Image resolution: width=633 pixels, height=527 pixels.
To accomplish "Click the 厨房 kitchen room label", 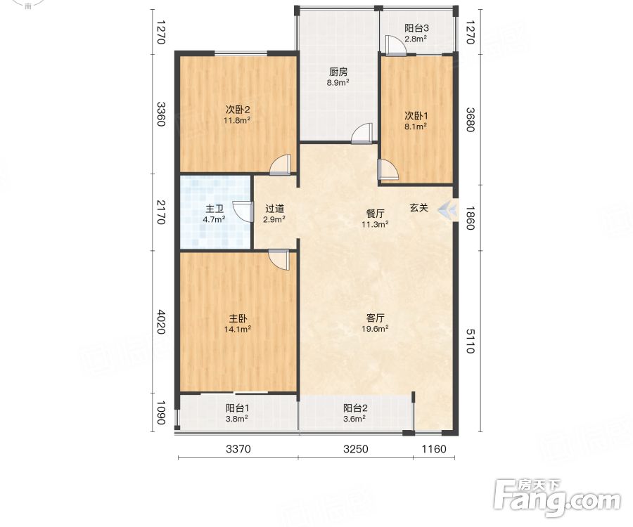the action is [x=338, y=72].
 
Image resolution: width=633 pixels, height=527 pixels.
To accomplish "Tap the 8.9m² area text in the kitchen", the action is [x=338, y=83].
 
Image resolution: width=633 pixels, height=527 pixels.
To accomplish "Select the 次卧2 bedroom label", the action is [x=238, y=110].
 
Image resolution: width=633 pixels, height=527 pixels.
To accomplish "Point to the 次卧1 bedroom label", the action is [x=416, y=116].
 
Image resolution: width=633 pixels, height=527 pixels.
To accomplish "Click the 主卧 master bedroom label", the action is [x=238, y=318].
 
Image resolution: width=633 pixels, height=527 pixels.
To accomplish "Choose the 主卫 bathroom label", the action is [x=215, y=209].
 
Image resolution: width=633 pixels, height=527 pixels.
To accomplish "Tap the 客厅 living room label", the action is [x=375, y=318].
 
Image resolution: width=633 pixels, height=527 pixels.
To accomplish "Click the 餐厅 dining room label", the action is [x=375, y=214].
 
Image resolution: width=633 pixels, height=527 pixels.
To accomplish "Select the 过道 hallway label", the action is [x=274, y=209].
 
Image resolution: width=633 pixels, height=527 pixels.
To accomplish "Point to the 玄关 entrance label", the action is [x=418, y=208].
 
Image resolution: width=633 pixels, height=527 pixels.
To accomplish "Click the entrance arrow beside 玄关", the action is [x=447, y=209].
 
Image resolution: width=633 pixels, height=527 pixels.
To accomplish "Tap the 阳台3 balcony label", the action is [x=416, y=28].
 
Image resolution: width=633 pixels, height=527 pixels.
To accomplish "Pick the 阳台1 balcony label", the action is [x=237, y=408].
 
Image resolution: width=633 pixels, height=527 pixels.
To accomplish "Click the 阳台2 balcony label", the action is [x=355, y=408].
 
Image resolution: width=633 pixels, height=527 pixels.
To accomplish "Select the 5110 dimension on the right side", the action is [x=471, y=341].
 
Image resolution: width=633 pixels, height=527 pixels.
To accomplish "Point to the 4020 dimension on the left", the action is [x=161, y=322].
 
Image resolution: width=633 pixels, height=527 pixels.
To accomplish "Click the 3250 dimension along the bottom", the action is [x=356, y=449].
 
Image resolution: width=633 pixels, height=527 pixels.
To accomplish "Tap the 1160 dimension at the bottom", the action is [x=434, y=449].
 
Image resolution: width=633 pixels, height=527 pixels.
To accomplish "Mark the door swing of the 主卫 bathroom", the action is [x=243, y=212].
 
